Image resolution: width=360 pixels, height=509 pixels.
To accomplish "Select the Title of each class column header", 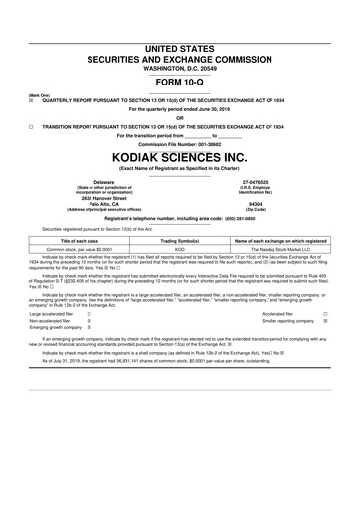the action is click(75, 240).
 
